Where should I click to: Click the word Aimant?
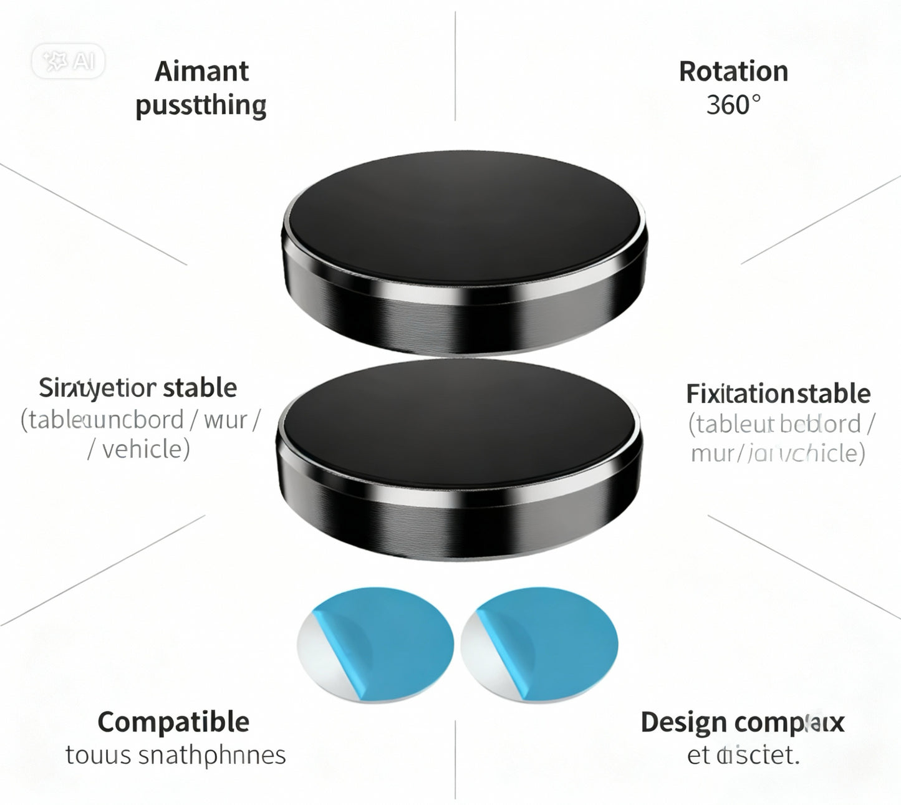coord(201,71)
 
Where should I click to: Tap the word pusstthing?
coord(201,105)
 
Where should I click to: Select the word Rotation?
coord(733,71)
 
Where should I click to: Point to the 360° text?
coord(733,105)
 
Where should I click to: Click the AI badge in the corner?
coord(68,61)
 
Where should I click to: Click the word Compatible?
coord(173,722)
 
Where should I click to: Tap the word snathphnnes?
coord(211,755)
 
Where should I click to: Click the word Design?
coord(683,723)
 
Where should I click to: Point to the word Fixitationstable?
coord(778,393)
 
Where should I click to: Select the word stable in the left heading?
coord(200,388)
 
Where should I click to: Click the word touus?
coord(99,755)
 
